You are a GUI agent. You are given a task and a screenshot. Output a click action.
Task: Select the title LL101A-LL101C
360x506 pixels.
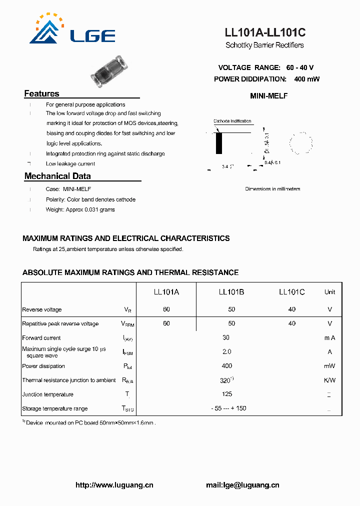[x=265, y=33]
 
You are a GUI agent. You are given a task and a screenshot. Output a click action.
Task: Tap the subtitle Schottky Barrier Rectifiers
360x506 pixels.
[x=264, y=45]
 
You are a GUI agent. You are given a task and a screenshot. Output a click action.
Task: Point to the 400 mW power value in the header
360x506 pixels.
[x=306, y=79]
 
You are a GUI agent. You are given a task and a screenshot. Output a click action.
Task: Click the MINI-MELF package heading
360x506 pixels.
[x=268, y=96]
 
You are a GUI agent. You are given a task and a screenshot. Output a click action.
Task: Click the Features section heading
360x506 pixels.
[x=42, y=93]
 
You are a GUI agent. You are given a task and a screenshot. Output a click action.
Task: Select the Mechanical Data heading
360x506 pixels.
[x=57, y=176]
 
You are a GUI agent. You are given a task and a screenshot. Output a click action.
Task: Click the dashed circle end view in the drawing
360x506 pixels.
[x=301, y=143]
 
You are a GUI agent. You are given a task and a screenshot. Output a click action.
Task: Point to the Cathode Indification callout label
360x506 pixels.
[x=232, y=121]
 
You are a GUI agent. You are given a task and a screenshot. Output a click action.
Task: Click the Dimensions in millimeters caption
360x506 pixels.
[x=272, y=189]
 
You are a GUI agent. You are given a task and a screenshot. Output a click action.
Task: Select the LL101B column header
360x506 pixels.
[x=231, y=292]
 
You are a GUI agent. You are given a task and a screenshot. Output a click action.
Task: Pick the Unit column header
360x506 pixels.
[x=329, y=292]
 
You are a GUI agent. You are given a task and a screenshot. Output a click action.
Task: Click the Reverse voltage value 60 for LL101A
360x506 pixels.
[x=166, y=309]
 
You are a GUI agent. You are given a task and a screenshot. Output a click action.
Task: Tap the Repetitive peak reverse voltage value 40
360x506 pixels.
[x=291, y=323]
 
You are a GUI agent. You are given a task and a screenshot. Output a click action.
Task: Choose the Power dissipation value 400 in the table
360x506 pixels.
[x=227, y=366]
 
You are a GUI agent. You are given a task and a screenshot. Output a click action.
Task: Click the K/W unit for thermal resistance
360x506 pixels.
[x=329, y=380]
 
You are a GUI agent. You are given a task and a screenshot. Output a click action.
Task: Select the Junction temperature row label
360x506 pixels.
[x=48, y=394]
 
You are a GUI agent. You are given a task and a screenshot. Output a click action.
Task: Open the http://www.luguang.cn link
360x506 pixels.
[x=114, y=485]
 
